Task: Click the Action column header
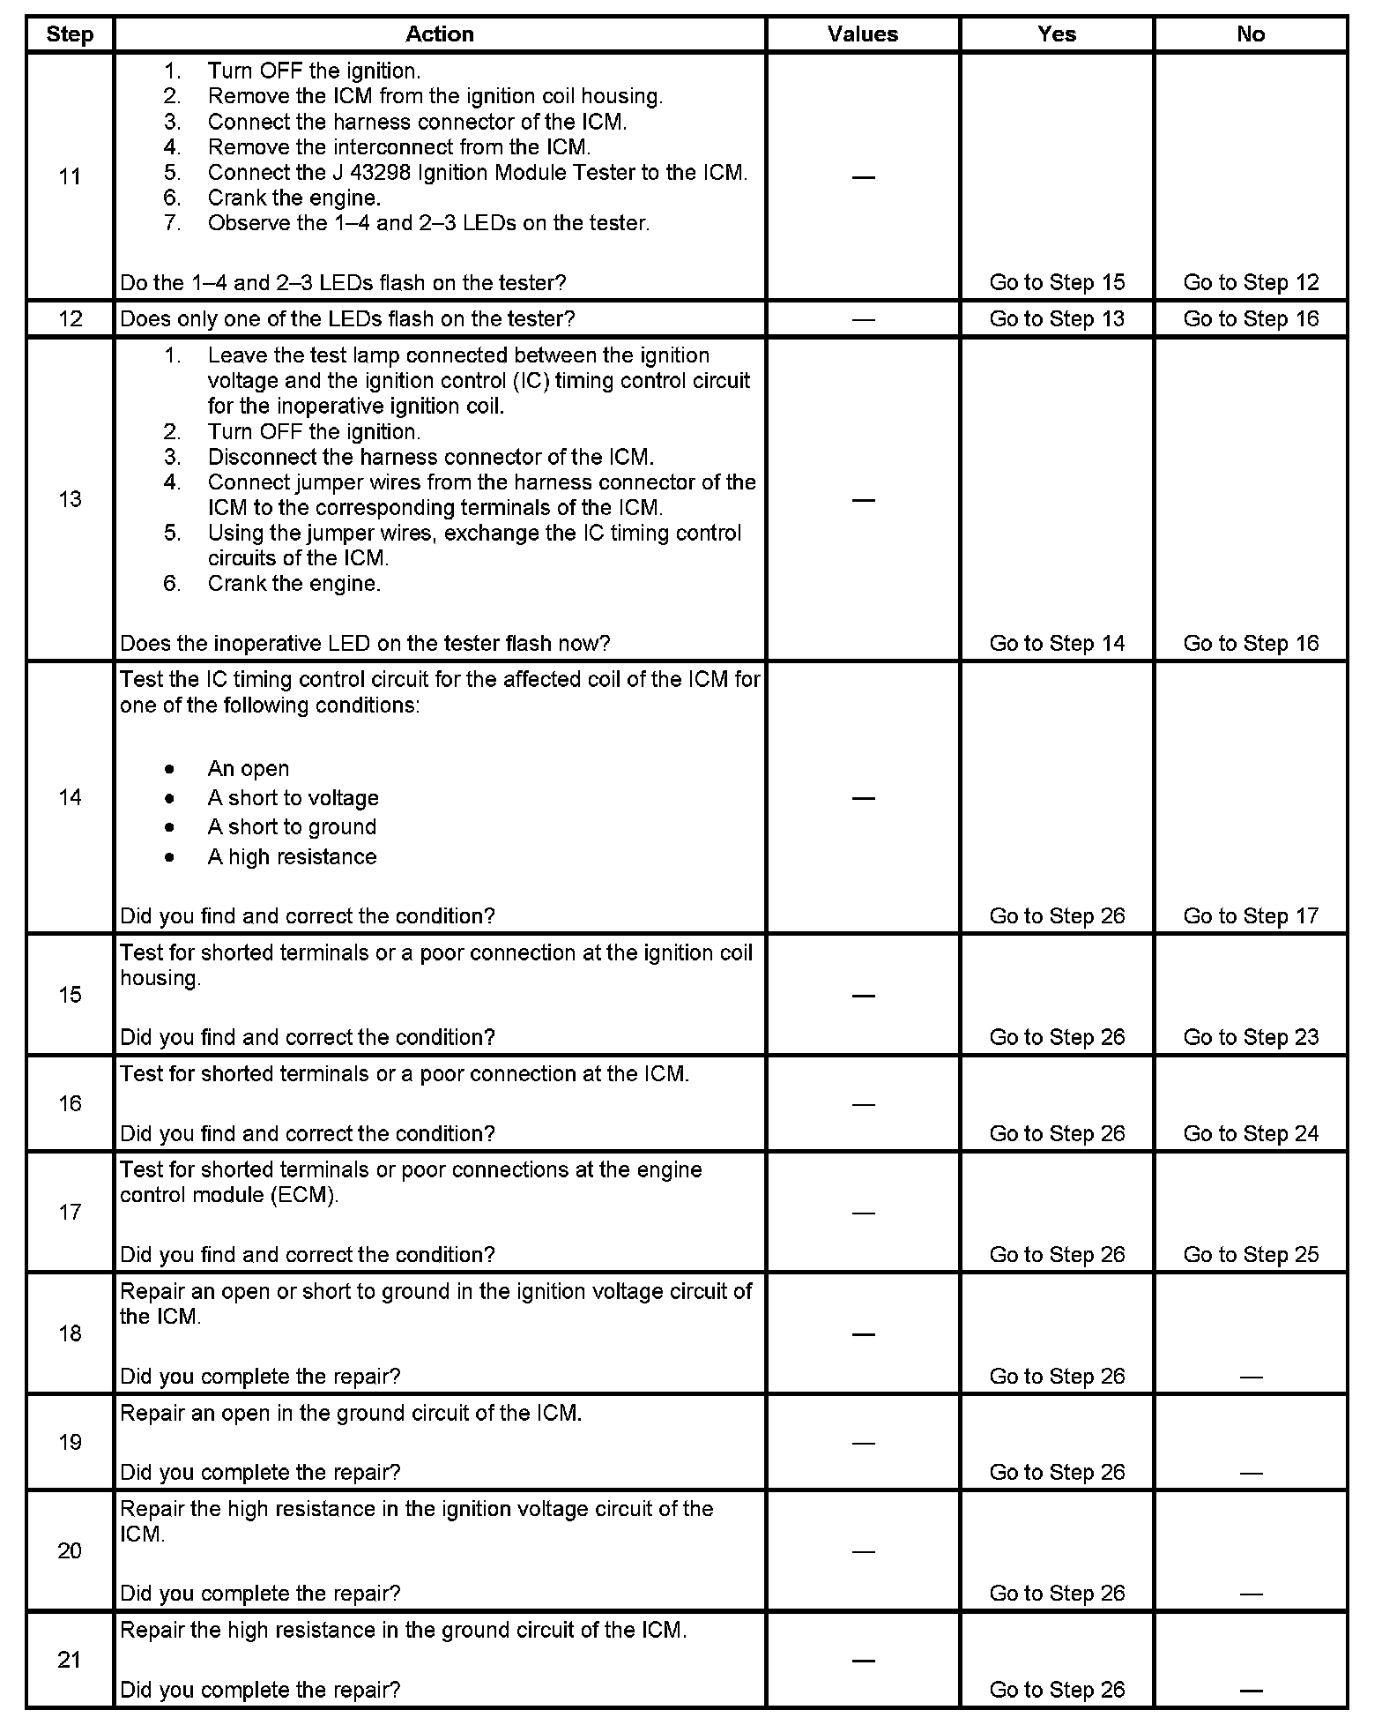439,34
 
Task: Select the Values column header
862,34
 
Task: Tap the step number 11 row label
70,176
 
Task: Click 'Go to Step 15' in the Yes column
1057,282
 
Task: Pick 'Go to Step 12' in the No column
1251,282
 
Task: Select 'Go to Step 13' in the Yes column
1057,318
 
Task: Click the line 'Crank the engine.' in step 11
293,198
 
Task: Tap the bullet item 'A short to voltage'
293,798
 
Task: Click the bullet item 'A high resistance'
292,857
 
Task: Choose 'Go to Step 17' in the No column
1251,916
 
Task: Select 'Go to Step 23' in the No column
1251,1037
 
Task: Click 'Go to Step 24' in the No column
1251,1133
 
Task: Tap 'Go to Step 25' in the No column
1251,1255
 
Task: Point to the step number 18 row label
70,1333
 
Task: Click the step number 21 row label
70,1660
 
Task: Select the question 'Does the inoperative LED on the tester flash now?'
365,643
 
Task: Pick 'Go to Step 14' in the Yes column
1057,643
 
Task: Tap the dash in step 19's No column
1251,1473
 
